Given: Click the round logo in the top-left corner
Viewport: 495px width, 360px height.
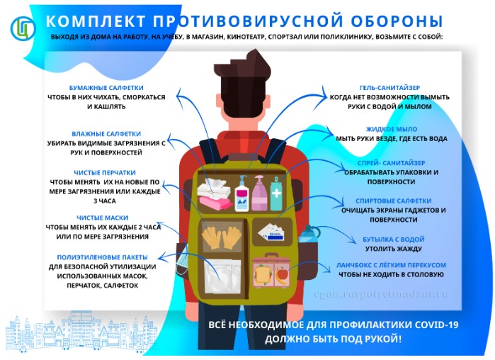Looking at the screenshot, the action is tap(23, 28).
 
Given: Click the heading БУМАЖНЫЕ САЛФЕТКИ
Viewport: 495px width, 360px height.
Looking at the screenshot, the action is tap(106, 88).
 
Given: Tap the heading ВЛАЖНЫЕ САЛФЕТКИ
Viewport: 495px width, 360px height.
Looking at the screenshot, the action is tap(106, 134).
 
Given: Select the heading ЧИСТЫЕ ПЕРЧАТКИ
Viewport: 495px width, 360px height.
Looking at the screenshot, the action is tap(105, 173).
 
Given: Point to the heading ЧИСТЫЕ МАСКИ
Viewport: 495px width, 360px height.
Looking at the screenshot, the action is tap(102, 218).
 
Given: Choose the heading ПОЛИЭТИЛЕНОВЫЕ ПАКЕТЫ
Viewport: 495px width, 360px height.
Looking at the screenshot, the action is tap(102, 257).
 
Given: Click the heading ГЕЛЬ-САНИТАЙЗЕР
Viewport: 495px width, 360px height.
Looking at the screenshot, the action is tap(389, 88).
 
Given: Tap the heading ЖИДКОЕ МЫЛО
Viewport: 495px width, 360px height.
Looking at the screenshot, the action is tap(392, 129).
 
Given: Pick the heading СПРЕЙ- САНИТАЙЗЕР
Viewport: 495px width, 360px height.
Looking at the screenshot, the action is tap(391, 163).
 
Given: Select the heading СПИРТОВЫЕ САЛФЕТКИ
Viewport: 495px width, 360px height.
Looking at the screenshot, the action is tap(393, 201).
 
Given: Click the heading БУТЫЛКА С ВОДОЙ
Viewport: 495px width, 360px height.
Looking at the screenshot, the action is tap(393, 240).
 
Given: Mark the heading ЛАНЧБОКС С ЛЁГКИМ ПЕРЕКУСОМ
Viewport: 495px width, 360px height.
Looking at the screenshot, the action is tap(391, 265).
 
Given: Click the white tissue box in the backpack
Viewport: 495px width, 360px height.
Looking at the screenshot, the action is tap(214, 189).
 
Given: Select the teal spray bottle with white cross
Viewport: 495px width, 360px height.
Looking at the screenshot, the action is tap(276, 194).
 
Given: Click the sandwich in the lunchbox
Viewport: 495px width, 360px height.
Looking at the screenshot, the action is tap(262, 275).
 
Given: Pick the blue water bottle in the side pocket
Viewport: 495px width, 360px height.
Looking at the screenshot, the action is tap(309, 235).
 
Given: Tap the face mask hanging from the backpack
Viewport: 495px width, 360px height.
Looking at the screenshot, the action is tap(182, 261).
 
